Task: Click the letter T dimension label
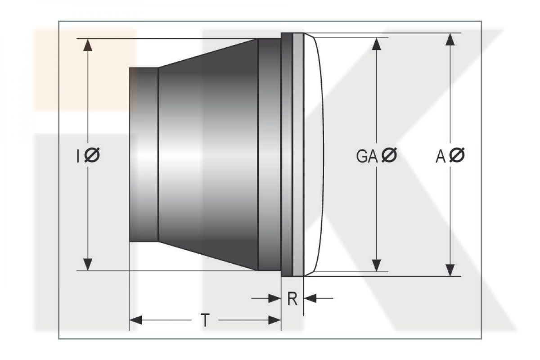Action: pos(205,320)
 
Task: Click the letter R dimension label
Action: pos(292,299)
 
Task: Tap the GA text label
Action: pos(367,156)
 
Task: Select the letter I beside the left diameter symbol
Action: pos(77,156)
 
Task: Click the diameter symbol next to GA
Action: pos(389,155)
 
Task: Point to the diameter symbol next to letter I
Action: pos(92,155)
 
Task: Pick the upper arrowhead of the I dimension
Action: pos(87,45)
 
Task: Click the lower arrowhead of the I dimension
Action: pos(87,264)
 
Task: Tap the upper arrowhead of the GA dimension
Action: pos(376,44)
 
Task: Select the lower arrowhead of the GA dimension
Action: pos(376,265)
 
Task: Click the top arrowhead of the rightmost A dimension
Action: pos(450,39)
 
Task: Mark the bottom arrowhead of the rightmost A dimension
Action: pos(450,270)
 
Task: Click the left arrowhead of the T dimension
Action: pos(136,320)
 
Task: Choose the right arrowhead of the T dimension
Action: pos(274,320)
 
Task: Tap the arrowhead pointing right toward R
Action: pos(274,298)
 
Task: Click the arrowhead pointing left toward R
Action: pos(310,298)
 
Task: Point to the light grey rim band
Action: pos(298,154)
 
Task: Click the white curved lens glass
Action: pos(313,154)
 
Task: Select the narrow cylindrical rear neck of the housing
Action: pos(144,154)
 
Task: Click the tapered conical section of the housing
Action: pos(208,154)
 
